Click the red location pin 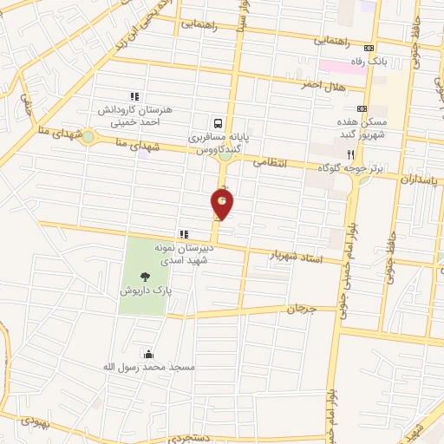click(223, 204)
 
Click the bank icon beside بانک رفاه click(371, 48)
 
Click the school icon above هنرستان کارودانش click(134, 96)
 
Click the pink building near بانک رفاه click(342, 66)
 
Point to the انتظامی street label click(270, 162)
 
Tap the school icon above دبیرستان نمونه click(183, 234)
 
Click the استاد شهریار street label click(295, 255)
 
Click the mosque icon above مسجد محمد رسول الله click(149, 354)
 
